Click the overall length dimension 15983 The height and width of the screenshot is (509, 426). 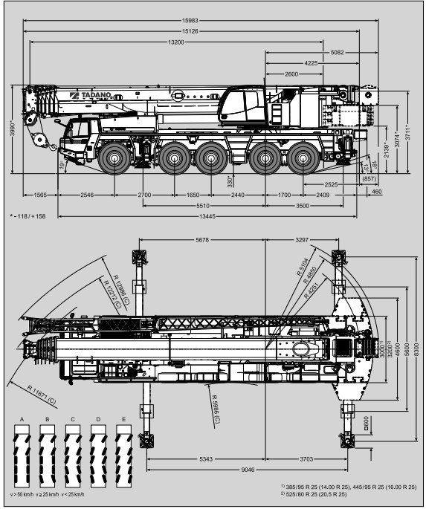point(190,21)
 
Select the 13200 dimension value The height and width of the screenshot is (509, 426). point(176,42)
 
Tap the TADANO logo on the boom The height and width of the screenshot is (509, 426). point(91,95)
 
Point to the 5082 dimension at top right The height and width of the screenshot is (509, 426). point(337,52)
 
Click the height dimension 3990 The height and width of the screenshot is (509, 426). point(13,129)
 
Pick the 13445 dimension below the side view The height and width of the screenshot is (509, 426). point(207,216)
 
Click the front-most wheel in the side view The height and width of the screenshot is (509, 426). point(114,158)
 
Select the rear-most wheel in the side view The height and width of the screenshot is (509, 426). point(303,158)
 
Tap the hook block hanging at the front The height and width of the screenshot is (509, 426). point(41,140)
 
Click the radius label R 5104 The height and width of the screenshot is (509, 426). point(302,267)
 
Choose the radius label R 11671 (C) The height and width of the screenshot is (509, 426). point(42,396)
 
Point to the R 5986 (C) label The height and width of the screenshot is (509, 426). point(216,409)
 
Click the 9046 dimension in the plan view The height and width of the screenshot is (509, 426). point(248,470)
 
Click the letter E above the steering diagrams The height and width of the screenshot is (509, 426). point(123,419)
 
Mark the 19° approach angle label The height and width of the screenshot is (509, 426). point(62,165)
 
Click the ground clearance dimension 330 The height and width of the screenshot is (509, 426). point(230,182)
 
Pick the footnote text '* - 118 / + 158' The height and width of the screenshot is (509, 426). point(28,216)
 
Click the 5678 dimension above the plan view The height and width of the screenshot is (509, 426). point(202,240)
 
